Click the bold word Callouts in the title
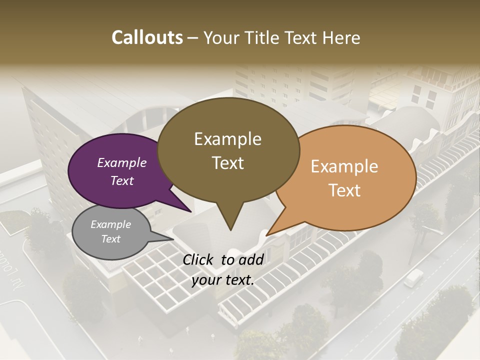tap(147, 37)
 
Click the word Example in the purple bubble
tap(122, 162)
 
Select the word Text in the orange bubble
tap(344, 190)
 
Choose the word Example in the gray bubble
tap(110, 224)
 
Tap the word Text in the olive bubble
tap(228, 162)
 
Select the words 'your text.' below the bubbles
tap(223, 280)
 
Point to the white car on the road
tap(413, 277)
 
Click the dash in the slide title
tap(193, 37)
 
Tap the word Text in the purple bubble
tap(122, 180)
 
